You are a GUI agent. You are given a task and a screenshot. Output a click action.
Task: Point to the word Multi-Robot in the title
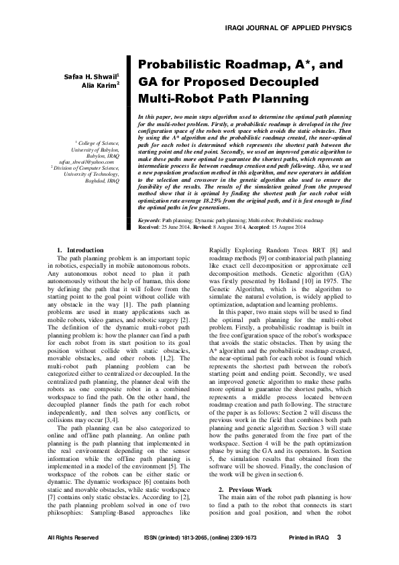tap(174, 99)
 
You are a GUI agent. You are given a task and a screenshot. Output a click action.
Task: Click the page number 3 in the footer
tap(339, 537)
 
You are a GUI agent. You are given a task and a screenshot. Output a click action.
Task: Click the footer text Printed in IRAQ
tap(308, 538)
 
